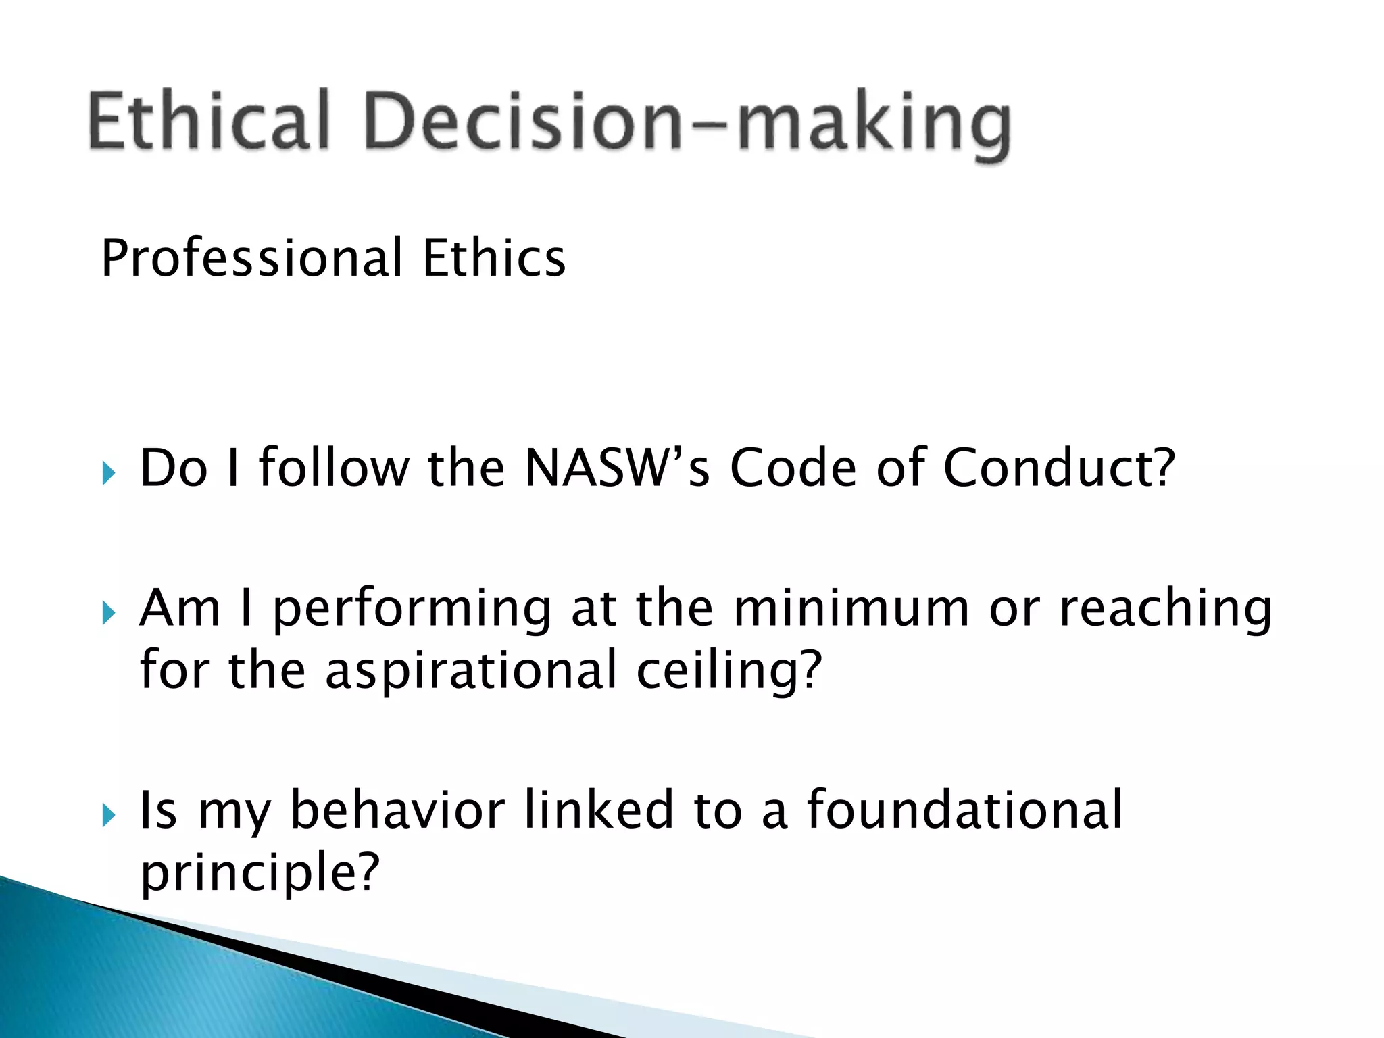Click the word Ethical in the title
[208, 122]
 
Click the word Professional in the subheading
[251, 258]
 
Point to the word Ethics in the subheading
[494, 258]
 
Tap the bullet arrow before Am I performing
[109, 613]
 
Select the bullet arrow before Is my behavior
[109, 815]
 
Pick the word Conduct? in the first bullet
[1059, 468]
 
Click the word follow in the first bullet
[334, 468]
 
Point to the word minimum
[851, 608]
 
